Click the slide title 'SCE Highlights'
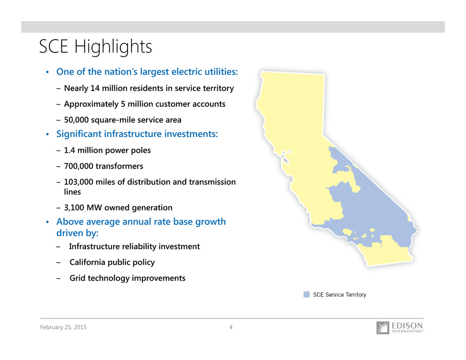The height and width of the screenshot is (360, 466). (x=96, y=47)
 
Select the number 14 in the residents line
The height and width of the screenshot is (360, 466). (x=95, y=88)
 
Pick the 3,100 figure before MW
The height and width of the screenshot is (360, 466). (x=74, y=208)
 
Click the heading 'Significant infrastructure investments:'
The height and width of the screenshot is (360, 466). (x=137, y=134)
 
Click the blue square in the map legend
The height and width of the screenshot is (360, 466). (x=306, y=294)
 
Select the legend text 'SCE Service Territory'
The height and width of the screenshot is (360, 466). (x=339, y=295)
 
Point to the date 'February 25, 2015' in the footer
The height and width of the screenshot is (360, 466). (x=63, y=327)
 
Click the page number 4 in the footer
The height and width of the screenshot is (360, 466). (x=231, y=327)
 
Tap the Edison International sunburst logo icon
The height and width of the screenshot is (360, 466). (x=383, y=328)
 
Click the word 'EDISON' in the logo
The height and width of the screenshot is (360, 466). (x=407, y=326)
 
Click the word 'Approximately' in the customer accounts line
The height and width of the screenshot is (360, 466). (x=91, y=104)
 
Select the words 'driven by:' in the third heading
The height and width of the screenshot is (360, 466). (x=77, y=233)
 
